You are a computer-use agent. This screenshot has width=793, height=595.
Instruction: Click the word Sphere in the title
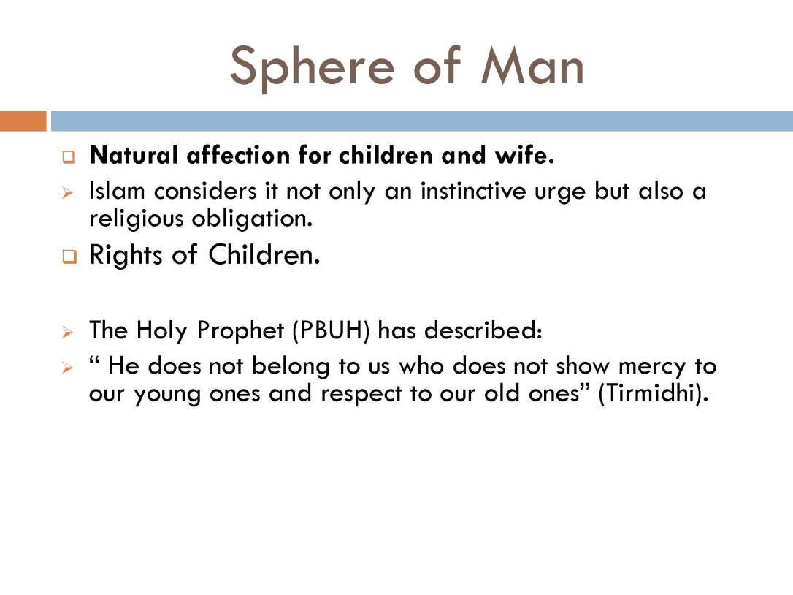312,68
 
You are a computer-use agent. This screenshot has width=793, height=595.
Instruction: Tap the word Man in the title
532,65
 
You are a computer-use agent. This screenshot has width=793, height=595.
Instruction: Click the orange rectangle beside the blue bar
23,121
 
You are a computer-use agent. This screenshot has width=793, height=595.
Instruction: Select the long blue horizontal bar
422,121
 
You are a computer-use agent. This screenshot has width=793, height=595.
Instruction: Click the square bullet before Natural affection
69,157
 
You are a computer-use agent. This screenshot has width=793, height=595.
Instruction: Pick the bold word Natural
134,155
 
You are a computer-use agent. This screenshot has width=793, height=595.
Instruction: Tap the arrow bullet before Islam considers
68,193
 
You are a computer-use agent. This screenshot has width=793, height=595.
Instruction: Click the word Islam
117,191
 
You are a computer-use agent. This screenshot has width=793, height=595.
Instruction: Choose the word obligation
252,219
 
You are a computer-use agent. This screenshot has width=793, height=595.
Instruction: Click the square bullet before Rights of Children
69,257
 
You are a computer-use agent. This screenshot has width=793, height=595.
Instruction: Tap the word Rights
126,254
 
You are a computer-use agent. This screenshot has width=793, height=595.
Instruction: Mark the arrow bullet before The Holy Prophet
68,333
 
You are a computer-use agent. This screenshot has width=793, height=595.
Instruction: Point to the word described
483,330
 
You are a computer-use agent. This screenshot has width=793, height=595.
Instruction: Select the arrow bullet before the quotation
68,368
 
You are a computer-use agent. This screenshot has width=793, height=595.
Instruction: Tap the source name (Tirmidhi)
652,393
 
